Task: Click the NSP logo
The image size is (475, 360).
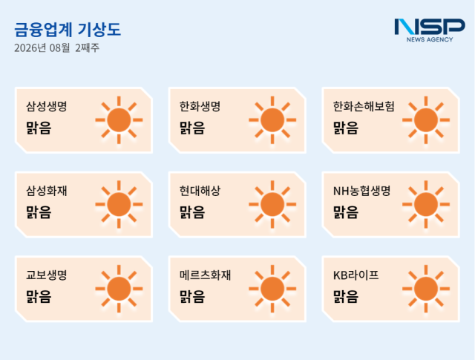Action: (x=430, y=30)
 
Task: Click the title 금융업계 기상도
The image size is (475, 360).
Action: (x=68, y=30)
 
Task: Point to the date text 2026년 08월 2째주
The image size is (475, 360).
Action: (x=56, y=48)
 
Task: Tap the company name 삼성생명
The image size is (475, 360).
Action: (x=47, y=106)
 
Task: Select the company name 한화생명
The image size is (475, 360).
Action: (x=200, y=106)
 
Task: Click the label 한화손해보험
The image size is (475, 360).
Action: (x=364, y=106)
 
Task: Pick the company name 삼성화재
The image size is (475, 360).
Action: (x=47, y=191)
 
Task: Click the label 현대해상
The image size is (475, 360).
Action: (x=200, y=191)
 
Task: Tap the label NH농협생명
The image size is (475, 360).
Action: (x=362, y=191)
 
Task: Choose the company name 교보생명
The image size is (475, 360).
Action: (x=47, y=275)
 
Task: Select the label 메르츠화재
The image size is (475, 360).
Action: (x=205, y=275)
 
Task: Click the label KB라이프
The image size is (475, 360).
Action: (x=356, y=275)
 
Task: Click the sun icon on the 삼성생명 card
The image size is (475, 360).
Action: (x=119, y=120)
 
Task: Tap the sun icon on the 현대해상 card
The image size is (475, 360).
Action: (x=272, y=205)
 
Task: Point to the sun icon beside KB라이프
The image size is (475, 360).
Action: (x=426, y=289)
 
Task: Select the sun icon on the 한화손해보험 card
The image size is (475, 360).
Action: (x=426, y=120)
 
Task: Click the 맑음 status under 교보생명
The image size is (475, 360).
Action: (x=39, y=296)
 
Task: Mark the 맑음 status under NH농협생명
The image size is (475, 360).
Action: (x=346, y=212)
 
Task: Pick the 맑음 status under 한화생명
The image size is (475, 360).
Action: (x=192, y=128)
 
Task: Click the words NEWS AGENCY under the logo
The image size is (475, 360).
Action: (x=430, y=39)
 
